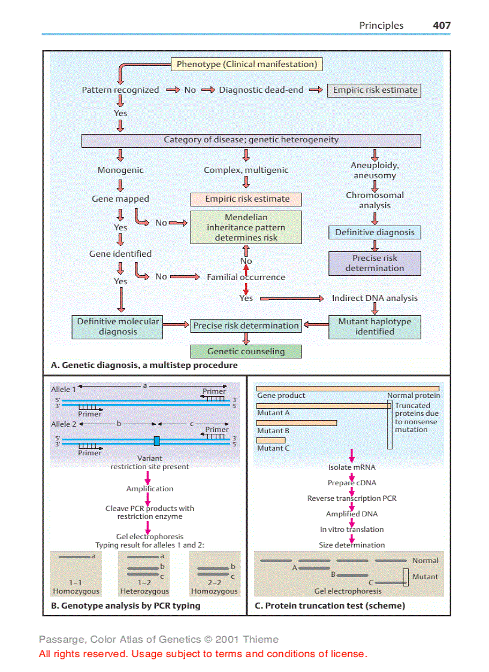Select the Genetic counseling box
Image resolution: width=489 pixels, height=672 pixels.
(246, 351)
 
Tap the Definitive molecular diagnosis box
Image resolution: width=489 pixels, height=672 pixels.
(118, 326)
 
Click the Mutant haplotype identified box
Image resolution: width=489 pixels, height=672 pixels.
(375, 326)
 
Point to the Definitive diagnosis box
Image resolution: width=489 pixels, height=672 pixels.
(375, 232)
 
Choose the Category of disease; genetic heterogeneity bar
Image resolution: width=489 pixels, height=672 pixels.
(251, 140)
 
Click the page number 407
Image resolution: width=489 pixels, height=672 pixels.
(442, 25)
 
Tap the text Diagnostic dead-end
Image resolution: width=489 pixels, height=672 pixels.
(261, 90)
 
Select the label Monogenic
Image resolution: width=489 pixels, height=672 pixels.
(120, 170)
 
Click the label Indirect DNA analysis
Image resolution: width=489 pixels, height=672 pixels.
(375, 298)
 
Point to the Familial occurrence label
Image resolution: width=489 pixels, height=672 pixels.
(246, 277)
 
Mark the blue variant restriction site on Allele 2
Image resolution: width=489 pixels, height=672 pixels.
(157, 441)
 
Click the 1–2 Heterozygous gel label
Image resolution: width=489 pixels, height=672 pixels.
(144, 586)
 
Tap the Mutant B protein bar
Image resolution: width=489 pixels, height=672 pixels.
(296, 422)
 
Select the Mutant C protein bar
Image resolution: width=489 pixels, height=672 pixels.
(271, 440)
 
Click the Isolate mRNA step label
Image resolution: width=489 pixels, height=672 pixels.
(352, 467)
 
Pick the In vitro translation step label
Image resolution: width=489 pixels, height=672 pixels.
(352, 530)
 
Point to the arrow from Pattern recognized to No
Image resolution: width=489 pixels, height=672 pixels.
(173, 90)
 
